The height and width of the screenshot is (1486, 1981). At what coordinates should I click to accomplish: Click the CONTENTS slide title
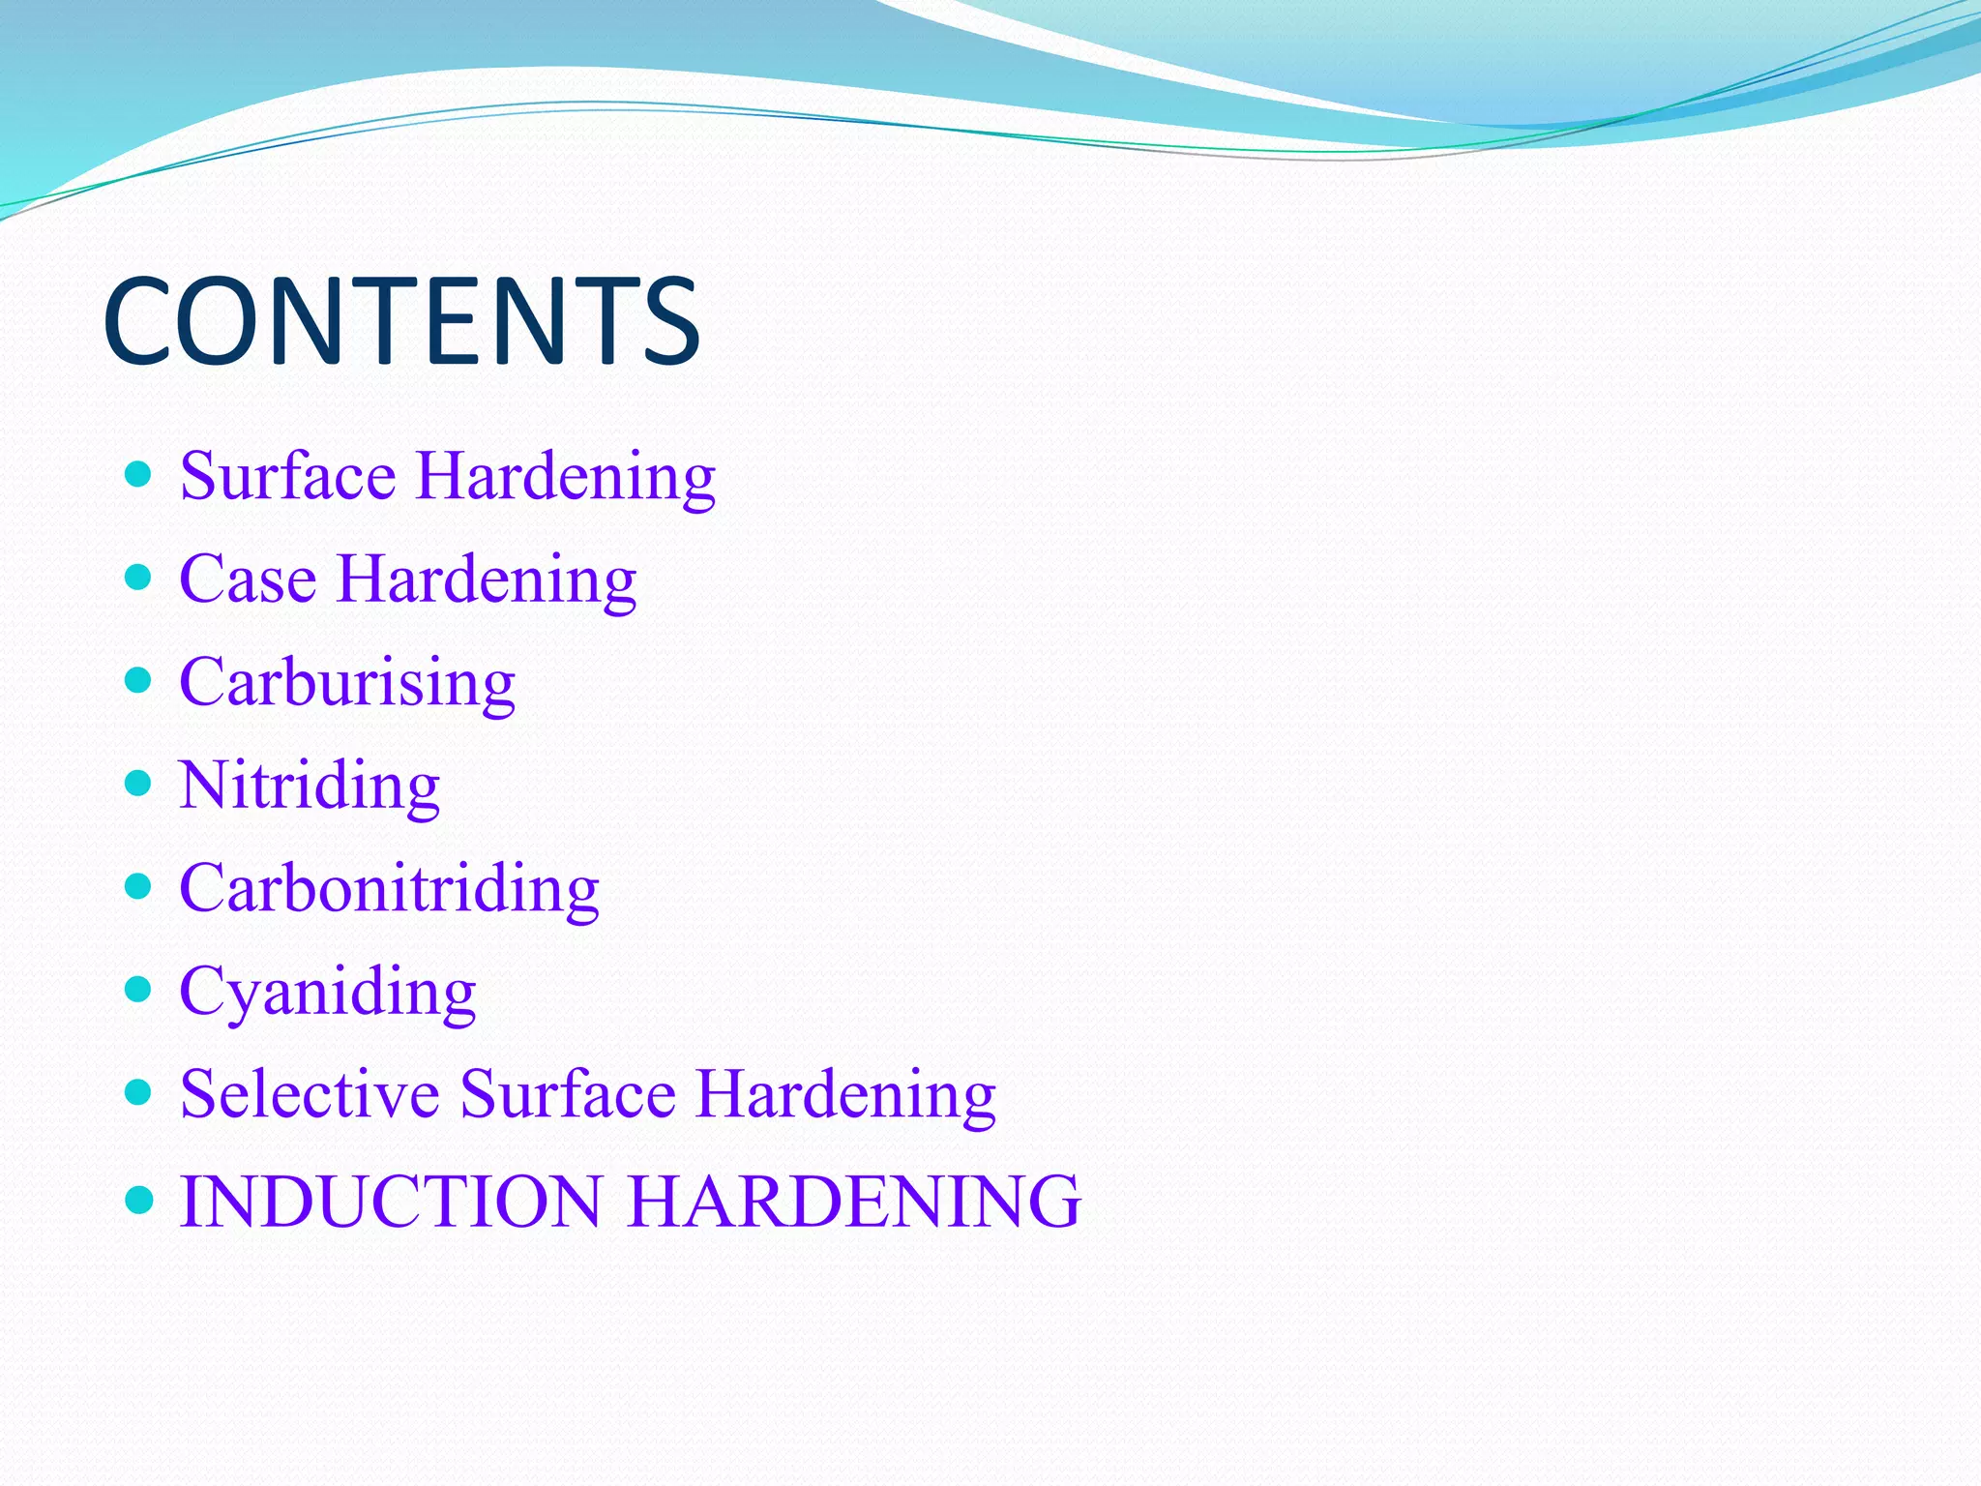pyautogui.click(x=400, y=321)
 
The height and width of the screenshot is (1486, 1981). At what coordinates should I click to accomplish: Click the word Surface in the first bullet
pyautogui.click(x=287, y=476)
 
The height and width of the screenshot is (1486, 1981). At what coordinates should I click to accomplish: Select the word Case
pyautogui.click(x=248, y=579)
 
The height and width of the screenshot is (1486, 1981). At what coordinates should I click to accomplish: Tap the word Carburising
pyautogui.click(x=347, y=683)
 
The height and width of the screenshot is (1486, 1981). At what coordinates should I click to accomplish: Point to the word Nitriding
pyautogui.click(x=310, y=786)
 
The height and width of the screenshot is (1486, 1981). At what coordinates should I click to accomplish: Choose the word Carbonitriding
pyautogui.click(x=389, y=888)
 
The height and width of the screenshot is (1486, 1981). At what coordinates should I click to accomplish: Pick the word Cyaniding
pyautogui.click(x=327, y=992)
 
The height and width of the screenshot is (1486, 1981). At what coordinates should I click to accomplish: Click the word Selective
pyautogui.click(x=310, y=1094)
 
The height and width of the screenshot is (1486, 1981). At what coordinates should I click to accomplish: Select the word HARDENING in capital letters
pyautogui.click(x=855, y=1201)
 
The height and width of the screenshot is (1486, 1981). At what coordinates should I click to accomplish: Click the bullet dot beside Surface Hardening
pyautogui.click(x=139, y=474)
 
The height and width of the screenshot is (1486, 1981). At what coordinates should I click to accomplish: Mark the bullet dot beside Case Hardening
pyautogui.click(x=139, y=578)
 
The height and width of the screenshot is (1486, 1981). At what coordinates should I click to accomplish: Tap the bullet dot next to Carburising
pyautogui.click(x=139, y=680)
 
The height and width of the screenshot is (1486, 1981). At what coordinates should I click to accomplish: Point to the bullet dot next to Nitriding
pyautogui.click(x=139, y=783)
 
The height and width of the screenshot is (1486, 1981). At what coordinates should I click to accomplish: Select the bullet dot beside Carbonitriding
pyautogui.click(x=139, y=886)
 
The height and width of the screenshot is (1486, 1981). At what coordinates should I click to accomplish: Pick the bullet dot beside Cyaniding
pyautogui.click(x=139, y=989)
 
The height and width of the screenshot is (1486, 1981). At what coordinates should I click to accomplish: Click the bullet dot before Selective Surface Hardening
pyautogui.click(x=139, y=1092)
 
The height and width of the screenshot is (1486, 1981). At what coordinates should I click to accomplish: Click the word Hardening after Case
pyautogui.click(x=487, y=579)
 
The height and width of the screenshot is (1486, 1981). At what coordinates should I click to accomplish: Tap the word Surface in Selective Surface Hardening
pyautogui.click(x=568, y=1094)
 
